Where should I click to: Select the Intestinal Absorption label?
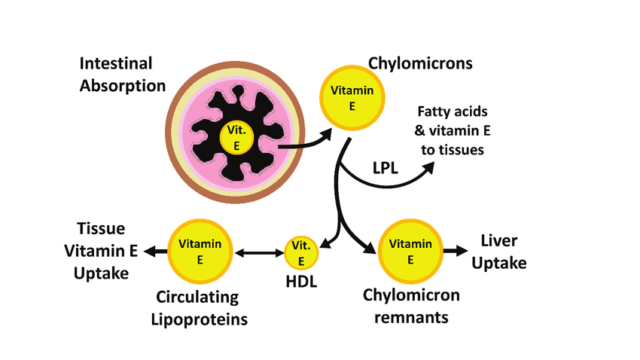[x=122, y=75]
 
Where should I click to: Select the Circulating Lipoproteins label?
[x=203, y=309]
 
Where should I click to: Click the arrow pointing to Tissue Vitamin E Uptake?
[x=155, y=252]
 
